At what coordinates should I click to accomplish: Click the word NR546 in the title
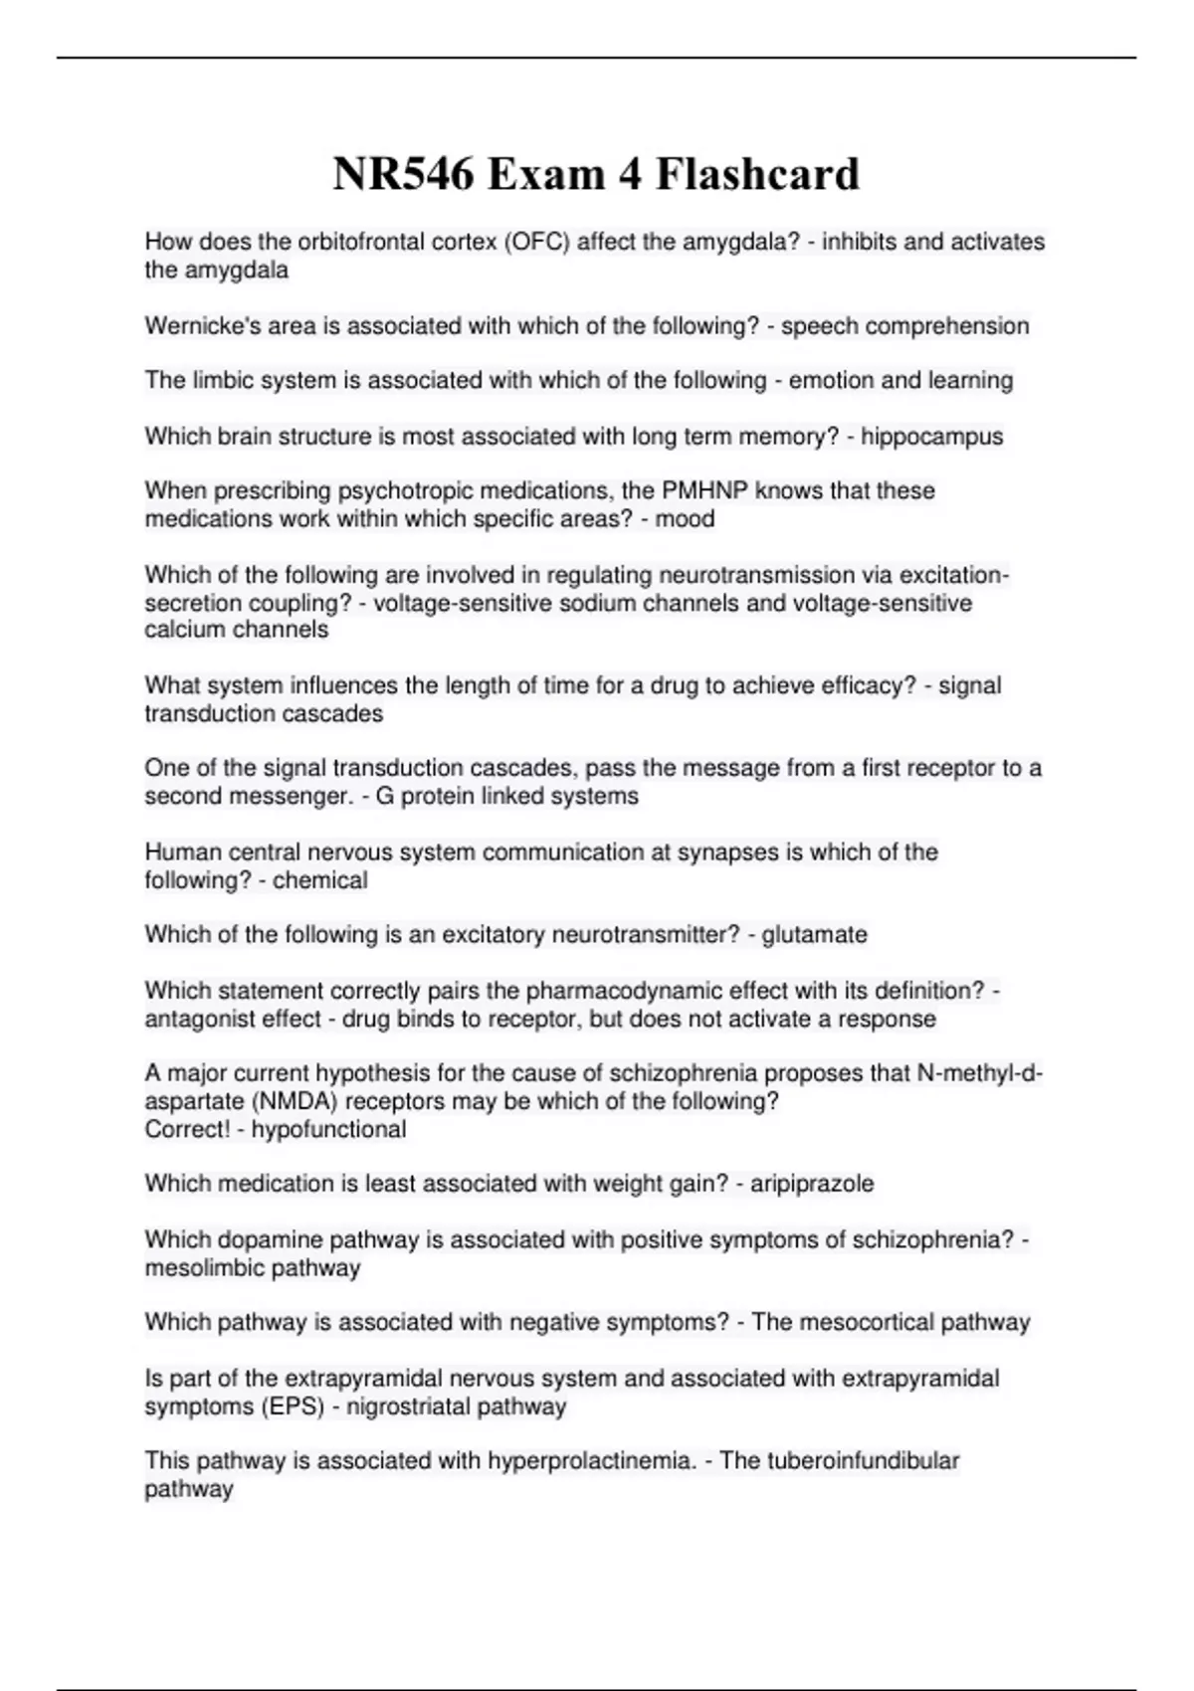coord(404,174)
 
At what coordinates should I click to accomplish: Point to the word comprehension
coord(950,326)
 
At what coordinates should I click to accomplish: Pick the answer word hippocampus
coord(931,437)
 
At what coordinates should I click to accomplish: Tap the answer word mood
coord(685,519)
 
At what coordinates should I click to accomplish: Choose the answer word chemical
coord(319,880)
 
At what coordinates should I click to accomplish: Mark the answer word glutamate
coord(814,935)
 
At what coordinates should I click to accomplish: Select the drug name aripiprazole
coord(812,1184)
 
